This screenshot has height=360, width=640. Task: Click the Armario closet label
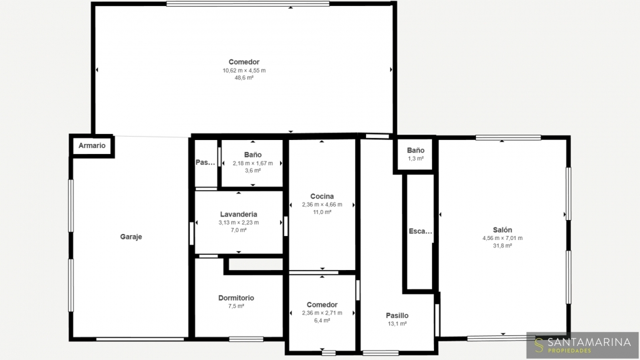92,146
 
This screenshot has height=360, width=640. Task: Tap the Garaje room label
131,237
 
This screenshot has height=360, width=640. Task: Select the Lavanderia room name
239,214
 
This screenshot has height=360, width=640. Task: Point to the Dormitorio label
236,298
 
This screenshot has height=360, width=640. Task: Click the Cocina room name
322,196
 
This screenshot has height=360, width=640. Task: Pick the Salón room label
503,230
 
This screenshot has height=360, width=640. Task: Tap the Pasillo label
397,315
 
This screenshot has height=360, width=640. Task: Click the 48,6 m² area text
244,78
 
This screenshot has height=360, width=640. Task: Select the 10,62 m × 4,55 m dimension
244,71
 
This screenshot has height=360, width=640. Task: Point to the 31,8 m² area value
503,246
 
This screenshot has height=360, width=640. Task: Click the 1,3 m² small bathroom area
415,159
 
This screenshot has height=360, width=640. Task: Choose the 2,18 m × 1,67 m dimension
253,163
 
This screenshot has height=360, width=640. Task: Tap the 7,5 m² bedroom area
236,306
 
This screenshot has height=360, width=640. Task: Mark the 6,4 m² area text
322,321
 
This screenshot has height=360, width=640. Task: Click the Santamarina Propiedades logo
583,345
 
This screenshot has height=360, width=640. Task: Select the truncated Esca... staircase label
421,231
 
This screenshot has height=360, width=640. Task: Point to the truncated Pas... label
205,163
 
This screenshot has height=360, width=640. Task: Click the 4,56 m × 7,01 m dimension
503,239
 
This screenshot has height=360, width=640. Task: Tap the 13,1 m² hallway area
397,324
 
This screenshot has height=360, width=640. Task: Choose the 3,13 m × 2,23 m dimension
239,223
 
